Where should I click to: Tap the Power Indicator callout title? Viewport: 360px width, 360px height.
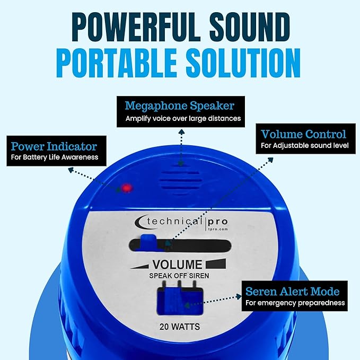[x=54, y=145]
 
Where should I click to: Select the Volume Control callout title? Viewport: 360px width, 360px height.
[x=303, y=134]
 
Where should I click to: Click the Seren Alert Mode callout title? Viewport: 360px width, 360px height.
[x=292, y=291]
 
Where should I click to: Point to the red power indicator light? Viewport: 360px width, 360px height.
[x=127, y=188]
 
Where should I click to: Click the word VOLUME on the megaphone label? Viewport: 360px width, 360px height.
[x=177, y=265]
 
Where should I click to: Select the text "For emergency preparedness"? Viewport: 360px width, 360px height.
[x=295, y=303]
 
